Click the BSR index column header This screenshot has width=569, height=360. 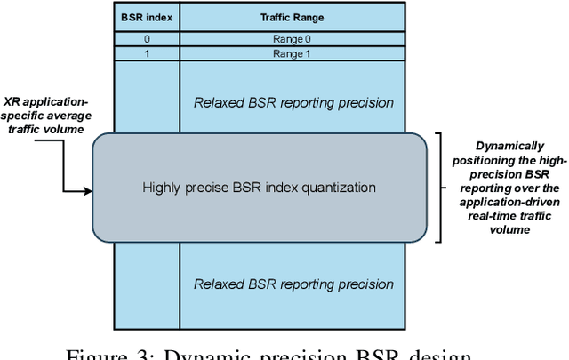[x=147, y=16]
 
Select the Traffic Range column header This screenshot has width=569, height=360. [x=293, y=16]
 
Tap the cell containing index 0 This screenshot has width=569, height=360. [x=147, y=38]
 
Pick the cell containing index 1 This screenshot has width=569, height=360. [x=147, y=54]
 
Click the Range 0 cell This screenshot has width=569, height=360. [x=293, y=38]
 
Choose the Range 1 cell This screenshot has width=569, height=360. [x=293, y=54]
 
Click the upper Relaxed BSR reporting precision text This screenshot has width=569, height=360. [x=293, y=102]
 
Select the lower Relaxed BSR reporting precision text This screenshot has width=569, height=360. [x=293, y=284]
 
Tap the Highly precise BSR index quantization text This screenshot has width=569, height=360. [x=260, y=188]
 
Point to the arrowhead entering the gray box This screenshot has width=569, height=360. [x=88, y=189]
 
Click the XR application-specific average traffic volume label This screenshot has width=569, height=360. [x=44, y=116]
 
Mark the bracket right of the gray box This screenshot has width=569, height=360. [x=440, y=188]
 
